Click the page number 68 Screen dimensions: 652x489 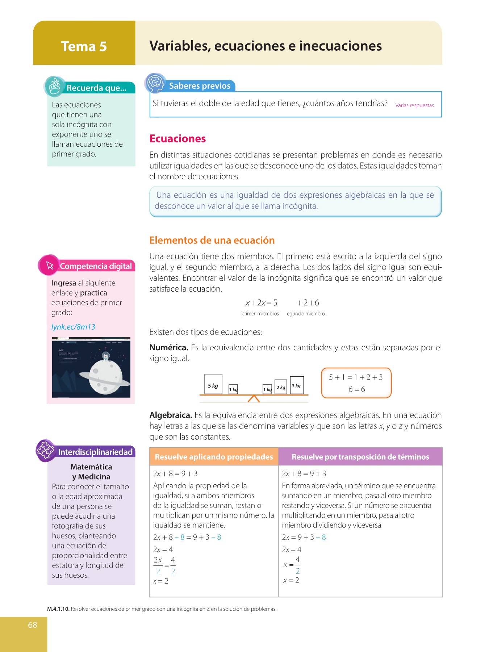point(33,625)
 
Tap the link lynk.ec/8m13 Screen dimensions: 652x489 point(73,327)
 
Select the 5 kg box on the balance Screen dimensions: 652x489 point(213,384)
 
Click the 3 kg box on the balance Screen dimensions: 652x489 point(297,385)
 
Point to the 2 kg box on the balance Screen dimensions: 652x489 point(281,387)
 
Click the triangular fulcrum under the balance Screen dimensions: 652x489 point(254,398)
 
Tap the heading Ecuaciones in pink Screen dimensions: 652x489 point(177,139)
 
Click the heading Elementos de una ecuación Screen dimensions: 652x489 point(212,241)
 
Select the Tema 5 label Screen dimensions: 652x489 point(84,46)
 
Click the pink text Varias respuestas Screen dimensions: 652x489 point(414,105)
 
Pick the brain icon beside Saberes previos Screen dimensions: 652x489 point(155,83)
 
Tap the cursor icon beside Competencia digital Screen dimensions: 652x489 point(49,266)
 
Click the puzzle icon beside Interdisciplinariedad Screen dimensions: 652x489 point(45,451)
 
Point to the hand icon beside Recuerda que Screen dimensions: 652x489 point(55,87)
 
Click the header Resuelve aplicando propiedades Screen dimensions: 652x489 point(214,457)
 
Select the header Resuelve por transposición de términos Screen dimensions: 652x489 point(360,457)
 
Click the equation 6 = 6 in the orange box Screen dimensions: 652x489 point(356,389)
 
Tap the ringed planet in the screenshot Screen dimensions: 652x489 point(105,379)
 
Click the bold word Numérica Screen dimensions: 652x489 point(169,348)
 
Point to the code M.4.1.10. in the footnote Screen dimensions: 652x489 point(58,609)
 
